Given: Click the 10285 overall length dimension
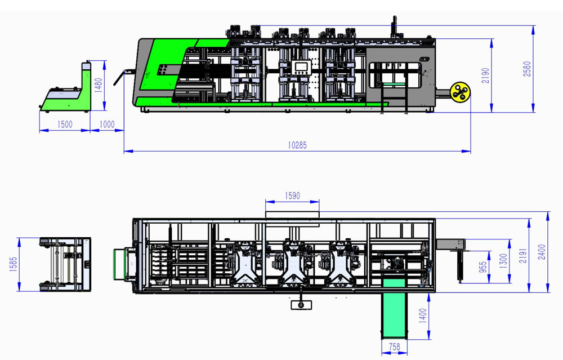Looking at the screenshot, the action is [x=297, y=145].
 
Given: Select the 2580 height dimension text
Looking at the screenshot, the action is [x=527, y=69].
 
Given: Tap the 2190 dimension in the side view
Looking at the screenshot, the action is [x=485, y=75].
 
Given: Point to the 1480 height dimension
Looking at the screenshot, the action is [x=99, y=86].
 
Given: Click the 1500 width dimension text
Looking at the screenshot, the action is [x=65, y=125].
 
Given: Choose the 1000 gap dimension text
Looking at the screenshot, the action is [x=107, y=125].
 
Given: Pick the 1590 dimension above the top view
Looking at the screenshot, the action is [x=292, y=196].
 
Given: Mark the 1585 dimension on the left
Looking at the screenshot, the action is [x=13, y=264].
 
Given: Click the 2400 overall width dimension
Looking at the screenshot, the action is [x=542, y=252].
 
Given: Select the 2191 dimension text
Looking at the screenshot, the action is [x=523, y=255].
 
